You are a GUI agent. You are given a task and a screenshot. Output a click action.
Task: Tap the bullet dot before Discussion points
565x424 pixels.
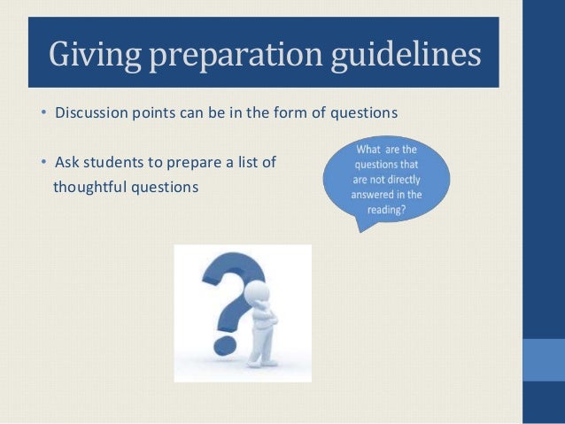click(x=44, y=114)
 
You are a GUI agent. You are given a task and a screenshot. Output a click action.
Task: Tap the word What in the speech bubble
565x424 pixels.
click(x=372, y=150)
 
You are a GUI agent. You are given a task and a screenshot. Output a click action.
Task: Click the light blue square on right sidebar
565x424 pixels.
click(x=544, y=358)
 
